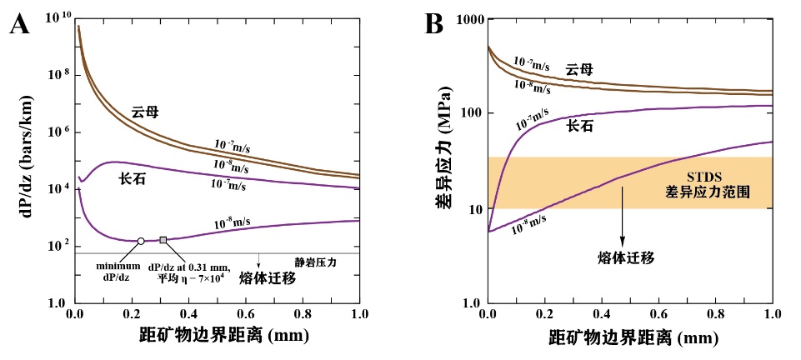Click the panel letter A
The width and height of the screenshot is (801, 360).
coord(21,24)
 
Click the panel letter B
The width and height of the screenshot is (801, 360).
coord(434,24)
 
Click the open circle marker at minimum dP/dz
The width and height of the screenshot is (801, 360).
coord(141,241)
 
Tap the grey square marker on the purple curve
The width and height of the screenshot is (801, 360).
coord(163,240)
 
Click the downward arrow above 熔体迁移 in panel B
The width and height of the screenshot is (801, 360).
coord(622,217)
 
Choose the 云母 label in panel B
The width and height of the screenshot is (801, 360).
coord(579,69)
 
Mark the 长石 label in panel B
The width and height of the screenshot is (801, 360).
coord(582,125)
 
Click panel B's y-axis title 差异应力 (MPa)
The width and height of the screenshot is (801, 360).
coord(440,162)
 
